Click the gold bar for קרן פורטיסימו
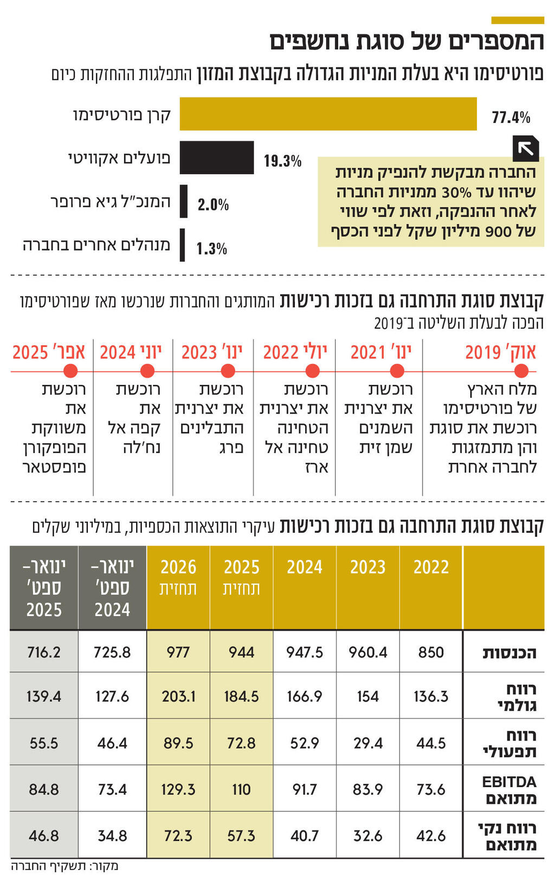point(328,114)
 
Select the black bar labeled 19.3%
point(217,158)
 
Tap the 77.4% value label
point(511,117)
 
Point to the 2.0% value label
point(213,205)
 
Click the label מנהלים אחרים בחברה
point(96,245)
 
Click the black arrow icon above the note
point(526,148)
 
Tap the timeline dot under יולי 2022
point(312,371)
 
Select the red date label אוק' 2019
point(500,352)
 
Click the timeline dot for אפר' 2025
point(70,371)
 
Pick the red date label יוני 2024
point(131,352)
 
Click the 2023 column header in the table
point(367,567)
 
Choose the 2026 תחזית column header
point(178,577)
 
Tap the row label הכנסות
point(509,653)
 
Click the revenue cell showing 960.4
point(367,652)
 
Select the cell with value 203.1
point(178,696)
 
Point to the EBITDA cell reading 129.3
point(178,790)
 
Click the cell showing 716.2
point(44,652)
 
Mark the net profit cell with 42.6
point(431,836)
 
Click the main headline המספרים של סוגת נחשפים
point(406,42)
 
